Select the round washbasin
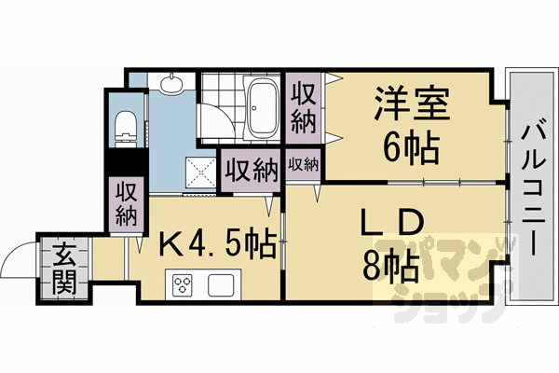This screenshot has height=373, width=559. (x=172, y=87)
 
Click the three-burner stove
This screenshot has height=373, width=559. (x=180, y=283)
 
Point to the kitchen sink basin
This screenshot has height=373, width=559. (x=223, y=283)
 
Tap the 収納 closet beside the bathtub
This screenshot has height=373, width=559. (x=302, y=108)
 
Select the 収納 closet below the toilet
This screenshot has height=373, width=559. (x=126, y=201)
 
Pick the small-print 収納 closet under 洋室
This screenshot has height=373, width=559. (x=303, y=165)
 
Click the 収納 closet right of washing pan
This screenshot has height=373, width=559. (x=250, y=171)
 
